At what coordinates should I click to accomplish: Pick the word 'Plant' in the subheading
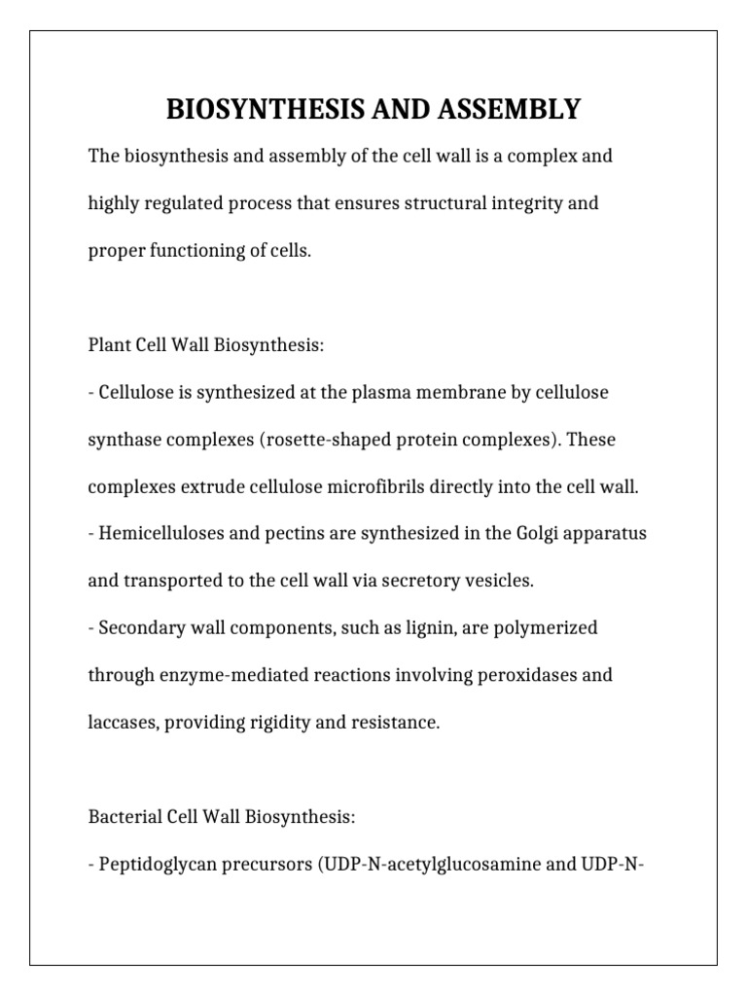110,345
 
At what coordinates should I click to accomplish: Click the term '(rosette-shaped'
303,440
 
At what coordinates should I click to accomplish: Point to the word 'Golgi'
520,534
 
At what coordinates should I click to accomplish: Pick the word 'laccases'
122,723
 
